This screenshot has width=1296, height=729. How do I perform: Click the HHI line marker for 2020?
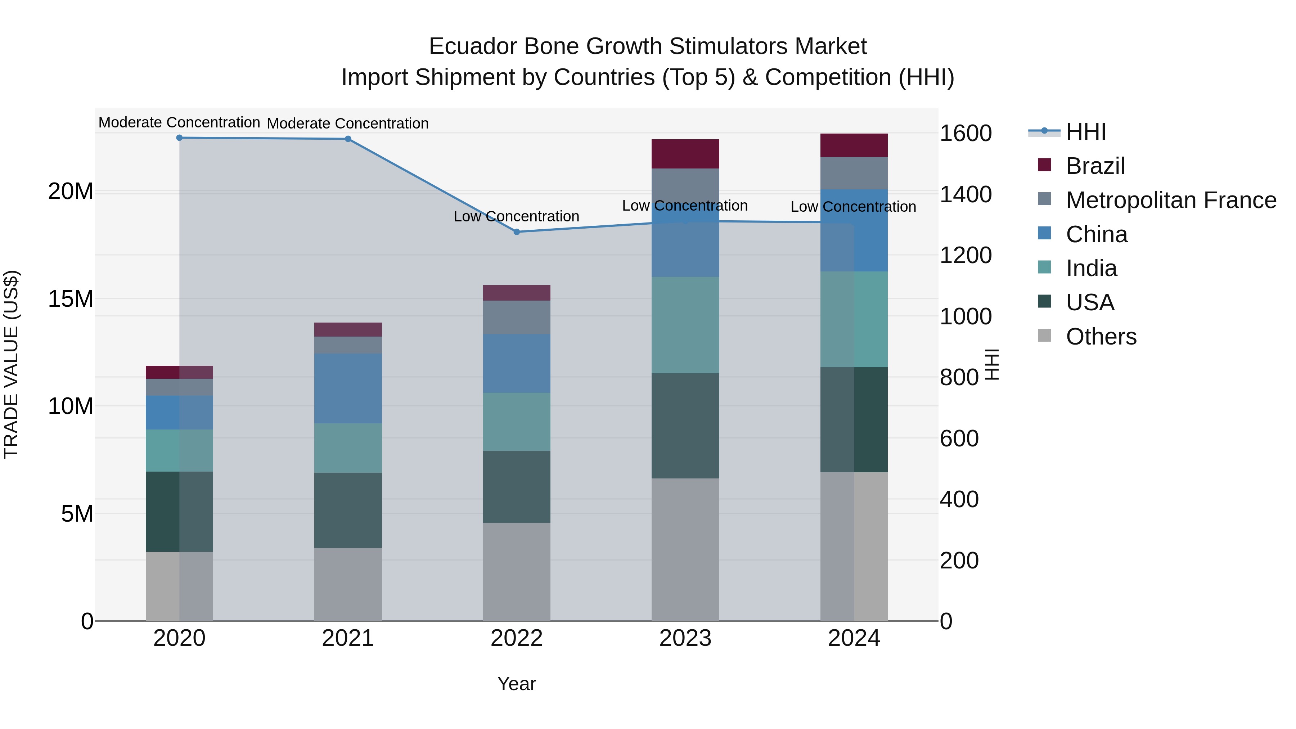179,138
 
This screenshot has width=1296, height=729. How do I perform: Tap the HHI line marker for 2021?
348,139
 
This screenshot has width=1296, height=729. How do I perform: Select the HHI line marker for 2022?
517,232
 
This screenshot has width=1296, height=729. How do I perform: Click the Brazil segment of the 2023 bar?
685,154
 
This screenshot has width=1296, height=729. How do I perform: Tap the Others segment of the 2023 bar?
685,549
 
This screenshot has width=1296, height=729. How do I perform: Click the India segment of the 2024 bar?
854,319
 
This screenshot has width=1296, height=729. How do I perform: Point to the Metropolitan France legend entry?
1171,200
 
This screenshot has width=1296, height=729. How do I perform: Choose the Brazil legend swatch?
1044,165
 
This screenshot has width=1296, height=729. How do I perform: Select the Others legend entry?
1101,337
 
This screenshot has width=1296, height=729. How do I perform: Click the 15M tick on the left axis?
71,299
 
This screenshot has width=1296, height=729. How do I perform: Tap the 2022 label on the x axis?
517,638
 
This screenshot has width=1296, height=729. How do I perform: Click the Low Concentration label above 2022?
517,216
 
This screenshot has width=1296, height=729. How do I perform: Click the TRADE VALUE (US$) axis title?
11,364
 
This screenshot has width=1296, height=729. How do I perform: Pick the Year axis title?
517,684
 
